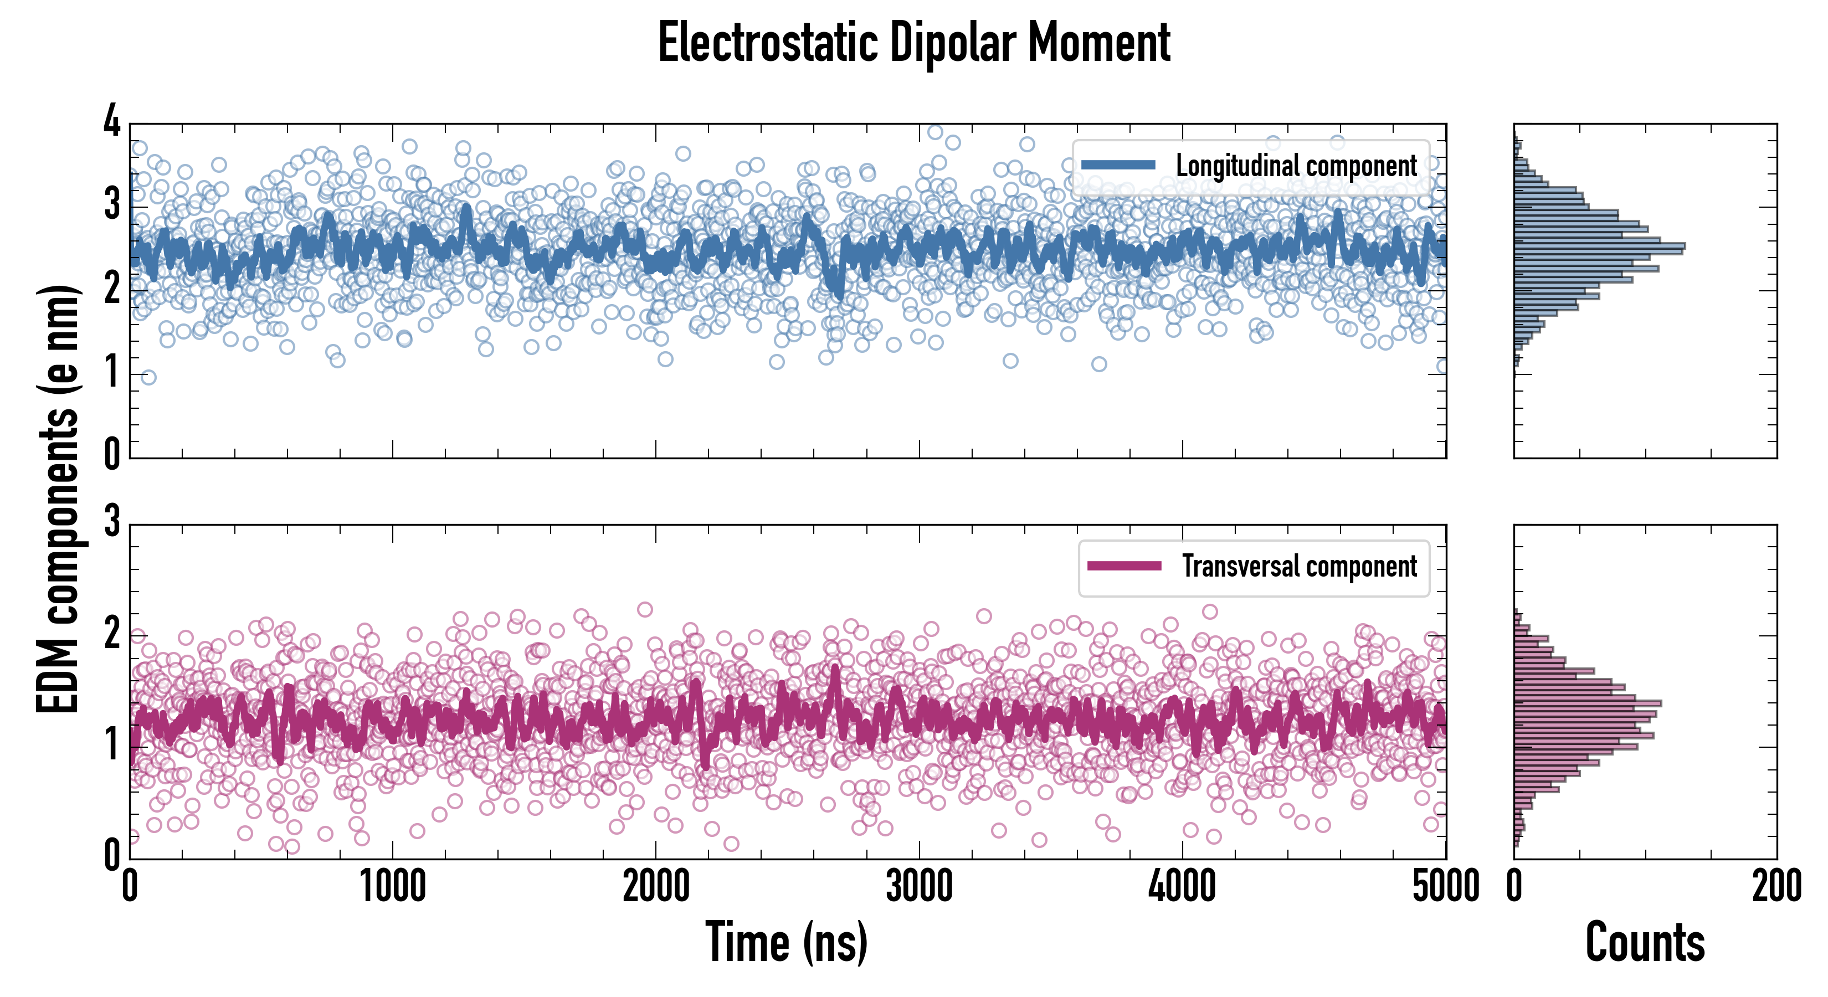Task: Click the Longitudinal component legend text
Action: pos(1296,166)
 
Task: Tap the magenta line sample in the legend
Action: pos(1123,566)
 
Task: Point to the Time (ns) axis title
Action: pos(786,942)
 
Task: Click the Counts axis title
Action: pos(1644,942)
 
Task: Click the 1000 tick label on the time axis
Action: pos(392,887)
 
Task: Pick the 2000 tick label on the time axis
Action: pos(656,887)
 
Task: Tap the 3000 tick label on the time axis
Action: pos(919,887)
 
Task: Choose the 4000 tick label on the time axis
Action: pos(1182,887)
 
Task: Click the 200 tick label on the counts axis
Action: pos(1776,887)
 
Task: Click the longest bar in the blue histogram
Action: pos(1600,247)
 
